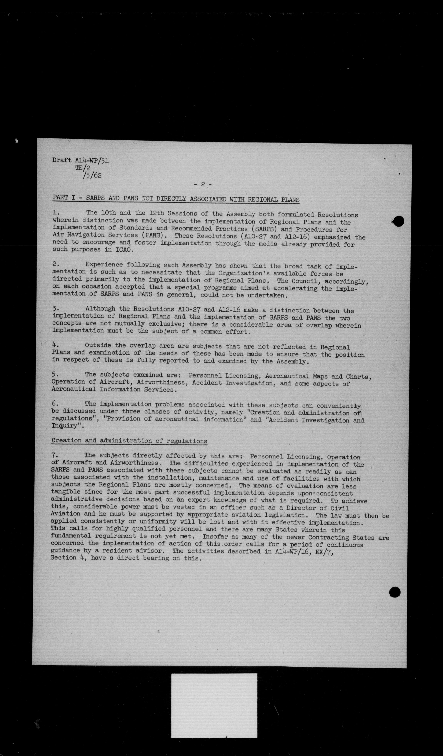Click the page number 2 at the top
pos(203,185)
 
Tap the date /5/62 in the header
pos(92,175)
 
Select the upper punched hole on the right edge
pos(399,221)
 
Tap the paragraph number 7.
pos(53,455)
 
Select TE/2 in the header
pos(83,168)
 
